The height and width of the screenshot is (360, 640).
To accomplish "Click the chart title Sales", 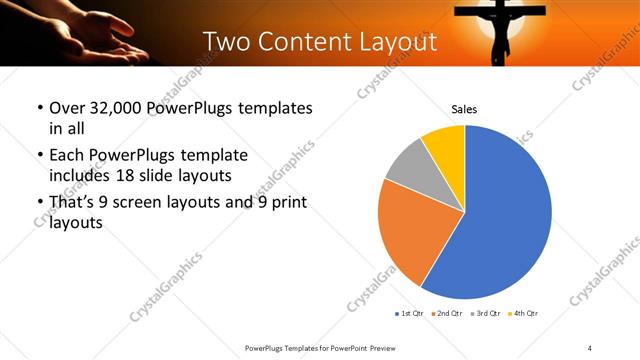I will (464, 108).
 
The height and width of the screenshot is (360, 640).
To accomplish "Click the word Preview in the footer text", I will (395, 347).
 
